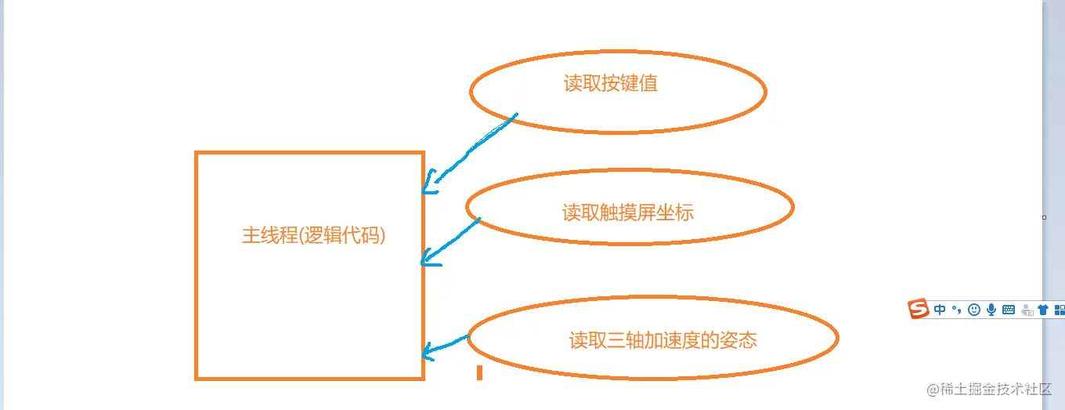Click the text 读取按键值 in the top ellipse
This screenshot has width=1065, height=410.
click(x=611, y=84)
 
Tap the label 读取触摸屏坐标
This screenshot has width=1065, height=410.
click(x=628, y=212)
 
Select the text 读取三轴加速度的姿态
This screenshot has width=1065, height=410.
click(x=662, y=340)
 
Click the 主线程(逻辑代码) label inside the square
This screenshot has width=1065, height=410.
click(x=314, y=235)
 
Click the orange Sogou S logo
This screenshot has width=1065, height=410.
click(x=919, y=309)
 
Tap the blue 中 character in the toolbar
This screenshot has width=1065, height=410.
click(x=940, y=310)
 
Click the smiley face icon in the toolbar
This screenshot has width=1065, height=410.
click(x=974, y=310)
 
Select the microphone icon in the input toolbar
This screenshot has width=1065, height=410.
click(x=991, y=310)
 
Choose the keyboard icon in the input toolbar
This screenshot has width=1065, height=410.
click(x=1009, y=310)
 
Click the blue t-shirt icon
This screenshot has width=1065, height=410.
click(x=1043, y=310)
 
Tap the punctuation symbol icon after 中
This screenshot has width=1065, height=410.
click(x=957, y=310)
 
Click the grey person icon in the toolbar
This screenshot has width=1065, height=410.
click(x=1026, y=310)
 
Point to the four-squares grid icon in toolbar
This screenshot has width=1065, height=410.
click(x=1060, y=310)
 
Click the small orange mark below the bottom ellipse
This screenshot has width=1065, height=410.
click(x=479, y=372)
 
